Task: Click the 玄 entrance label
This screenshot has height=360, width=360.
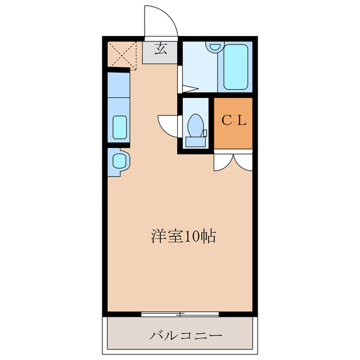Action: pyautogui.click(x=160, y=49)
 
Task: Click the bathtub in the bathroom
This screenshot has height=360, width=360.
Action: pyautogui.click(x=236, y=67)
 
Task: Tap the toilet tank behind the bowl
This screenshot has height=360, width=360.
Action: pyautogui.click(x=196, y=141)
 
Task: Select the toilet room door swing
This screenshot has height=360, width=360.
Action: pyautogui.click(x=168, y=124)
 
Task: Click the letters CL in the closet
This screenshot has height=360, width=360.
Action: pyautogui.click(x=233, y=120)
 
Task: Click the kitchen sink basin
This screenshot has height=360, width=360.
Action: pyautogui.click(x=119, y=127)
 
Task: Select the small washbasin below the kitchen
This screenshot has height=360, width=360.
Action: pyautogui.click(x=119, y=161)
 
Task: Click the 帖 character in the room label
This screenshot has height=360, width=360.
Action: pyautogui.click(x=209, y=236)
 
